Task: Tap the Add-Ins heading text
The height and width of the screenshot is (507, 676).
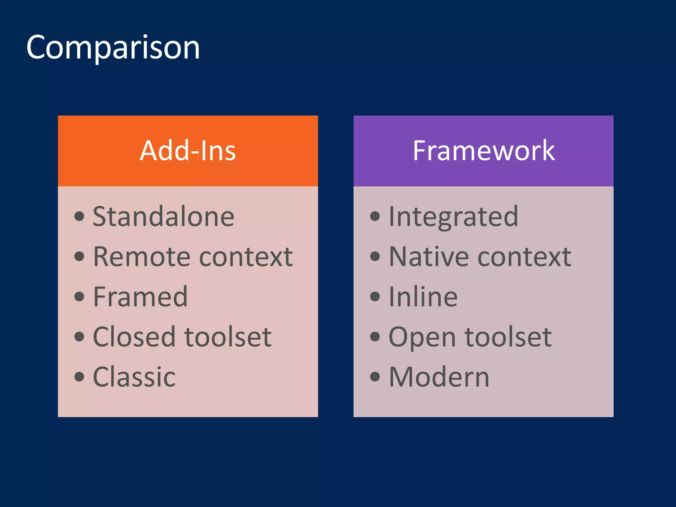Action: point(187,151)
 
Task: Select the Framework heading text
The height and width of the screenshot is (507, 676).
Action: point(484,151)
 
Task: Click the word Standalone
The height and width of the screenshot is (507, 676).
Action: point(163,217)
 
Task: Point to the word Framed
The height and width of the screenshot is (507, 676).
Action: point(140,297)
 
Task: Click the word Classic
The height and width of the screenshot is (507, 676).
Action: point(134,377)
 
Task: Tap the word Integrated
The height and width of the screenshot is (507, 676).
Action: point(453,217)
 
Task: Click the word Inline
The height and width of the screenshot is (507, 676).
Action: point(423,297)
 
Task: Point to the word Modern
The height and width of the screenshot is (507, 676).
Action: point(439,377)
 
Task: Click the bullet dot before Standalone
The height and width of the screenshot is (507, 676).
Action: point(79,217)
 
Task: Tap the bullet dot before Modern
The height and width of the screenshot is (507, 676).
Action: point(375,377)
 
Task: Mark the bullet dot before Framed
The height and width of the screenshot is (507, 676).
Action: point(79,296)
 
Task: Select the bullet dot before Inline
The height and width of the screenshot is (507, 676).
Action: point(375,296)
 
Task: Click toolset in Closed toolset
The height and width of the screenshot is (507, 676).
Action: point(228,337)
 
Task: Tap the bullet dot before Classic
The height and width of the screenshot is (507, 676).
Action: point(79,377)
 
